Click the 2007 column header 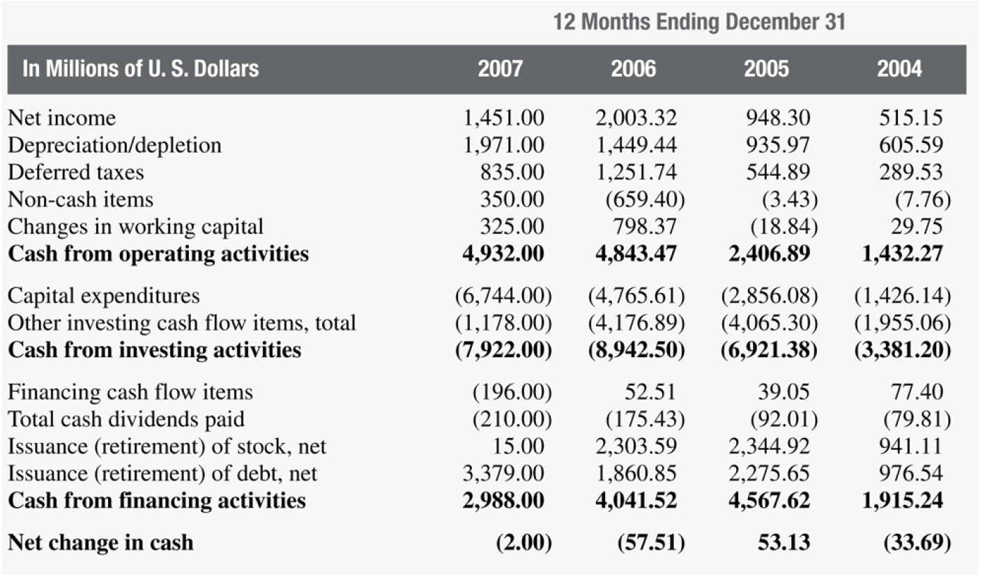[x=500, y=69]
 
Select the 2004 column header [x=899, y=69]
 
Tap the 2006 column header [x=633, y=69]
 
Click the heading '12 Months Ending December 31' [x=699, y=22]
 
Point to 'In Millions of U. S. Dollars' [x=141, y=69]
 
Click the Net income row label [x=62, y=118]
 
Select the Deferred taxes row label [x=76, y=172]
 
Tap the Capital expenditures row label [x=104, y=296]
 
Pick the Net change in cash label [x=100, y=543]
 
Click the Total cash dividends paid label [x=126, y=419]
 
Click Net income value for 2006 [x=636, y=118]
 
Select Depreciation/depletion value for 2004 [x=910, y=145]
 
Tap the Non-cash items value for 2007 [x=512, y=200]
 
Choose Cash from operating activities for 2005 [x=769, y=254]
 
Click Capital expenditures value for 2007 [x=503, y=296]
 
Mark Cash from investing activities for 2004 [x=902, y=350]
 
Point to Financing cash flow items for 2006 [x=650, y=392]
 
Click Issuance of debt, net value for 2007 [x=503, y=474]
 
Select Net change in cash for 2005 [x=784, y=543]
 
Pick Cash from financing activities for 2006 [x=636, y=501]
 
